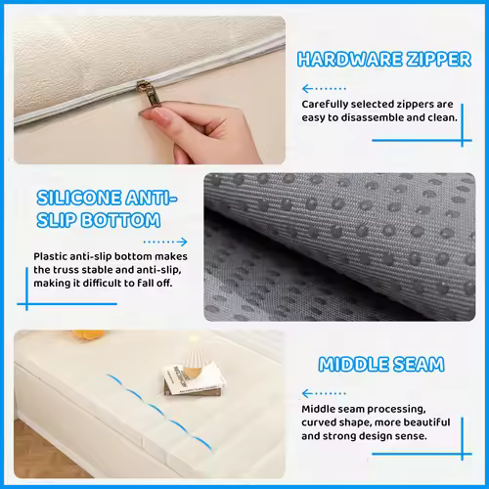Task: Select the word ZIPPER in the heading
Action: (434, 60)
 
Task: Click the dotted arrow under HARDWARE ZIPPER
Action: (324, 88)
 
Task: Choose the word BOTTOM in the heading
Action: (120, 220)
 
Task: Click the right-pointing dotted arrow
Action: (165, 242)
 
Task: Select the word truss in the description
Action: (66, 270)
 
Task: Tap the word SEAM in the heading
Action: (419, 365)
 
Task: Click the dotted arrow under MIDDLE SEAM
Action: (324, 393)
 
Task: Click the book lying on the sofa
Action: (195, 380)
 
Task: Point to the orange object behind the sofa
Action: (88, 334)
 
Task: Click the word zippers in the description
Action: (392, 105)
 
